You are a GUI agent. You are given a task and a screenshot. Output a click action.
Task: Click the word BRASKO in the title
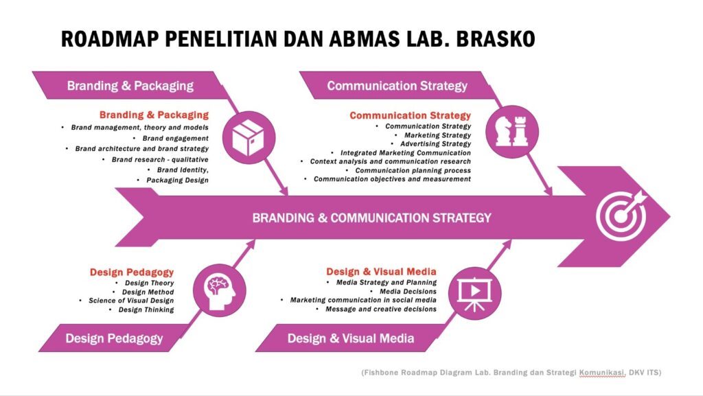coord(496,39)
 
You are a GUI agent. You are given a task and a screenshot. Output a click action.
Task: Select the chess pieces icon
coord(512,131)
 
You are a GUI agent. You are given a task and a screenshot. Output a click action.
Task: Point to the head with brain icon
coord(220,291)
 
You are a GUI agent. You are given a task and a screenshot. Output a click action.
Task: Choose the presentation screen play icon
coord(475,294)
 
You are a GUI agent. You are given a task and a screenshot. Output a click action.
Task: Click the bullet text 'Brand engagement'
coord(175,139)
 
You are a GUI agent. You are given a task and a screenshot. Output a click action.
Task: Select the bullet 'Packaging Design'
coord(177,180)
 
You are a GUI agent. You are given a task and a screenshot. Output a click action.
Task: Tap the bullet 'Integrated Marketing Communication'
coord(405,153)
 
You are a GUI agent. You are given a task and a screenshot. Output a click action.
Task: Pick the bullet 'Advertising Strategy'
coord(435,144)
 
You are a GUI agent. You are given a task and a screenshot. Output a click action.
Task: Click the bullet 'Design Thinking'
coord(146,310)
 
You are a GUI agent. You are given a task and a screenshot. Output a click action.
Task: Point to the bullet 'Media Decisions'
coord(408,291)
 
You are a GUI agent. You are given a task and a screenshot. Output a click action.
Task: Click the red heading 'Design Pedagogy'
coord(131,272)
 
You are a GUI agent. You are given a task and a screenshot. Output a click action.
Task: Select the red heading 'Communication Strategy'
coord(411,115)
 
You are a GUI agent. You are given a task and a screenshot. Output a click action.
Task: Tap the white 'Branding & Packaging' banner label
coord(130,86)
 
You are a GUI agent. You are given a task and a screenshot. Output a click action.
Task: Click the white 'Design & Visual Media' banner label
coord(351,338)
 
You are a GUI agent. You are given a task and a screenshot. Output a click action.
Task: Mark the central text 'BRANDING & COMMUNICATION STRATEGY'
coord(371,218)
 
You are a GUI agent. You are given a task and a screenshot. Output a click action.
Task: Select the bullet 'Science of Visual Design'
coord(131,301)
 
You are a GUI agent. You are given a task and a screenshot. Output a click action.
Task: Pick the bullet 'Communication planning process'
coord(413,170)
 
